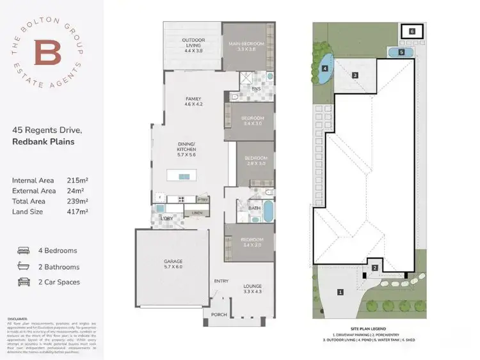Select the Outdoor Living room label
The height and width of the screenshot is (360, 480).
193,43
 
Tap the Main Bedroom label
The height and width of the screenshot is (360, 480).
246,46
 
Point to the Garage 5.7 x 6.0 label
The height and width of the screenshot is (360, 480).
173,265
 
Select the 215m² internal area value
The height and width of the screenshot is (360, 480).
77,181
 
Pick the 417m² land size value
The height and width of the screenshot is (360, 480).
77,211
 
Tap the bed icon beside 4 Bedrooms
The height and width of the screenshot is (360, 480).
24,251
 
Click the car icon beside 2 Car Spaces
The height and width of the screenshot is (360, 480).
24,281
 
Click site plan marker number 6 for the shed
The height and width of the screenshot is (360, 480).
412,31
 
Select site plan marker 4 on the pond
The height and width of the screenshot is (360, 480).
325,68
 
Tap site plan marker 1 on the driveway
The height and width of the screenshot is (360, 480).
340,292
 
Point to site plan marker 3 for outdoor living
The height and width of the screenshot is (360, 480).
354,75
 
